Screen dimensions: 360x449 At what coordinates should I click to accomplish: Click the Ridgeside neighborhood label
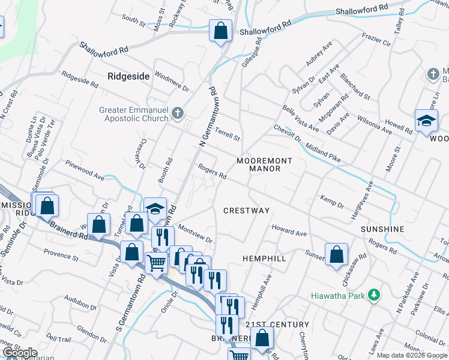(128, 76)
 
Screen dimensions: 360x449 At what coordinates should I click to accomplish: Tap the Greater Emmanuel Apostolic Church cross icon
(177, 113)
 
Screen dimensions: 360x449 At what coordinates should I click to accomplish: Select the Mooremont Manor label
(264, 165)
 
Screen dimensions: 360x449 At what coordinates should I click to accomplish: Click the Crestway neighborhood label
(246, 211)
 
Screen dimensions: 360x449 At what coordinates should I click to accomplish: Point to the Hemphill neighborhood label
(264, 258)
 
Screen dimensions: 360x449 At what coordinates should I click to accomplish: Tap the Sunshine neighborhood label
(382, 230)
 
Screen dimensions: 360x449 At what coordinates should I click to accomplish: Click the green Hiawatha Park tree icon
(375, 295)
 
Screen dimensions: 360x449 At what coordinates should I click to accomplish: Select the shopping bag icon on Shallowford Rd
(220, 31)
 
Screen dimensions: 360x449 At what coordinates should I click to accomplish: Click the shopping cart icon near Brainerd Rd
(157, 263)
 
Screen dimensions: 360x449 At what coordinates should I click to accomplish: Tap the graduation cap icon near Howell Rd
(426, 121)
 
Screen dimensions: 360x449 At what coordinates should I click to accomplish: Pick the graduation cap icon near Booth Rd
(155, 208)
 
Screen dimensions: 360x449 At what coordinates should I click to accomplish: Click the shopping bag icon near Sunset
(336, 254)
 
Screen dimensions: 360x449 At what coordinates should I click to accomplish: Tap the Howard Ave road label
(289, 230)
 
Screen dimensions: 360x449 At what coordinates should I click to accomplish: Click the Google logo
(20, 353)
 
